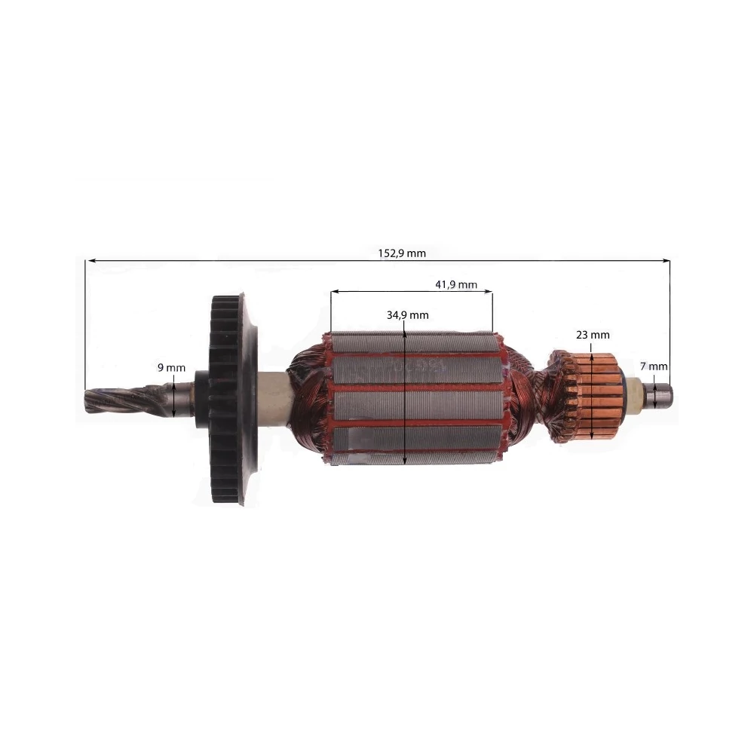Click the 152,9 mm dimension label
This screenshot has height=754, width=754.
click(402, 253)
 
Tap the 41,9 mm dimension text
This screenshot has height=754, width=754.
click(456, 285)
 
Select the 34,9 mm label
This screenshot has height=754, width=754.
click(407, 315)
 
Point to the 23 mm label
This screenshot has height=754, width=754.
click(593, 335)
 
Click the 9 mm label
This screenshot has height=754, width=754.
click(171, 367)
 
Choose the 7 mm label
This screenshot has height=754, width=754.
click(654, 366)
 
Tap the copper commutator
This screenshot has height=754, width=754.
click(598, 397)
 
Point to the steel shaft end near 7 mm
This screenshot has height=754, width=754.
click(660, 394)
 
